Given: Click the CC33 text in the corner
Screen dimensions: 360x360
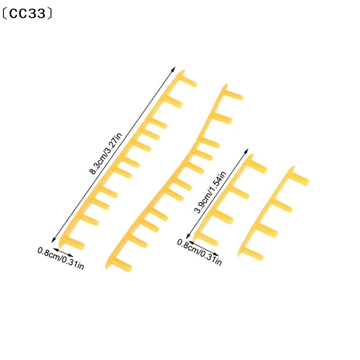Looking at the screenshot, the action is pyautogui.click(x=27, y=14).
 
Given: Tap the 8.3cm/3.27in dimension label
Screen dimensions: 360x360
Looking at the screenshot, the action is pyautogui.click(x=106, y=153).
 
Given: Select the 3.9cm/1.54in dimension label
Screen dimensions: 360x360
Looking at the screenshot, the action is pyautogui.click(x=210, y=193).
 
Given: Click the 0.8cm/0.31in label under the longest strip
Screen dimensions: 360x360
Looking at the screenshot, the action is pyautogui.click(x=61, y=258).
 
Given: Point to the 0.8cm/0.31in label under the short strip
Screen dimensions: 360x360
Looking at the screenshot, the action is pyautogui.click(x=199, y=252).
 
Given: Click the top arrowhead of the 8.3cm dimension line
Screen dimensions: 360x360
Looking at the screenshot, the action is pyautogui.click(x=174, y=68).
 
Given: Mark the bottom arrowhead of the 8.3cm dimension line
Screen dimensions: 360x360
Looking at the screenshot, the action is pyautogui.click(x=53, y=240).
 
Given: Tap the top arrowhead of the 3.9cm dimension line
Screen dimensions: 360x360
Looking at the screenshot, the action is pyautogui.click(x=247, y=151).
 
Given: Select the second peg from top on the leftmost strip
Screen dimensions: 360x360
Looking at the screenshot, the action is pyautogui.click(x=173, y=102).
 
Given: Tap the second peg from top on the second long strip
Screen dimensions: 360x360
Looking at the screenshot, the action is pyautogui.click(x=222, y=118).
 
